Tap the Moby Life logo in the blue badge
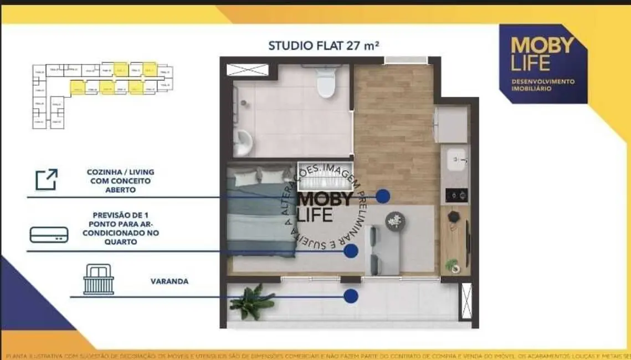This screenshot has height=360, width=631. point(542,54)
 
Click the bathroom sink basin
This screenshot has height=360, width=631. point(242,143)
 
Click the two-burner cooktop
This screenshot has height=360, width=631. point(456,195)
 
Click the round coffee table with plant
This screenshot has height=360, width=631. point(395,221)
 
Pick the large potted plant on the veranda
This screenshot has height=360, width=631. point(252,302)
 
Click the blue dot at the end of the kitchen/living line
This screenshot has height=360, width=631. point(383,196)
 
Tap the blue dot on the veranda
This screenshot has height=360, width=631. point(350,296)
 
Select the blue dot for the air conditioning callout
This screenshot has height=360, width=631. point(350,251)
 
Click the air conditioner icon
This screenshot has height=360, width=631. point(49,235)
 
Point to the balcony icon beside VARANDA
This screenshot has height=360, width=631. point(98,280)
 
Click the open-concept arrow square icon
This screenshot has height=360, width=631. point(47,180)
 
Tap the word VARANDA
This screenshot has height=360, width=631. point(170,281)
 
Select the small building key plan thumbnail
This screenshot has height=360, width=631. point(102,94)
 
